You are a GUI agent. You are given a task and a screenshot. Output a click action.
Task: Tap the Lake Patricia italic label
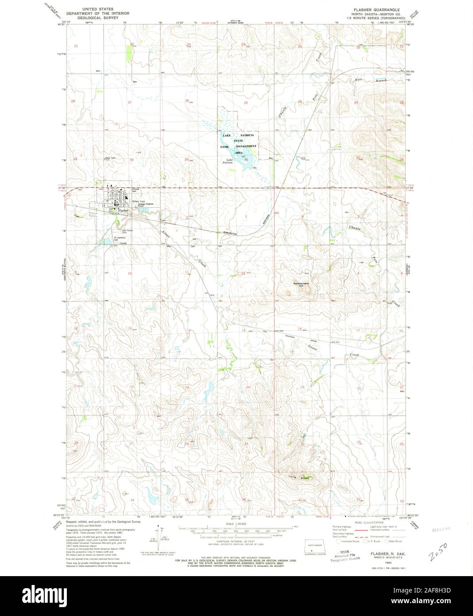(229, 161)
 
